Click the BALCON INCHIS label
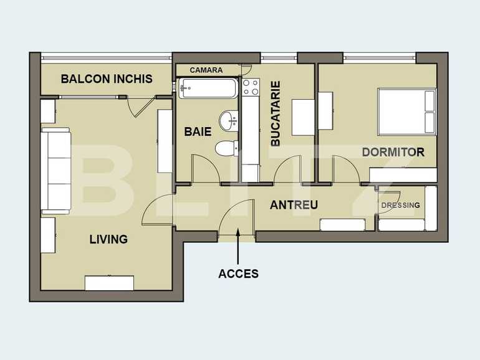tap(106, 79)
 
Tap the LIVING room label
tap(108, 239)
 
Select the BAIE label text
tap(197, 132)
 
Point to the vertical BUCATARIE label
tap(275, 113)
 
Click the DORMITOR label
tap(393, 152)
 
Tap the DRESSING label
tap(400, 205)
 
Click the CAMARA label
tap(206, 70)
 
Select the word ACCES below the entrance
tap(238, 273)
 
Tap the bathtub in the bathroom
tap(208, 88)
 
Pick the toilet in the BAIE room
tap(226, 148)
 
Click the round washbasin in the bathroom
tap(229, 120)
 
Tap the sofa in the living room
tap(55, 171)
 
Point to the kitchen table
tap(304, 116)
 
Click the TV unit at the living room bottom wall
tap(109, 283)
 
